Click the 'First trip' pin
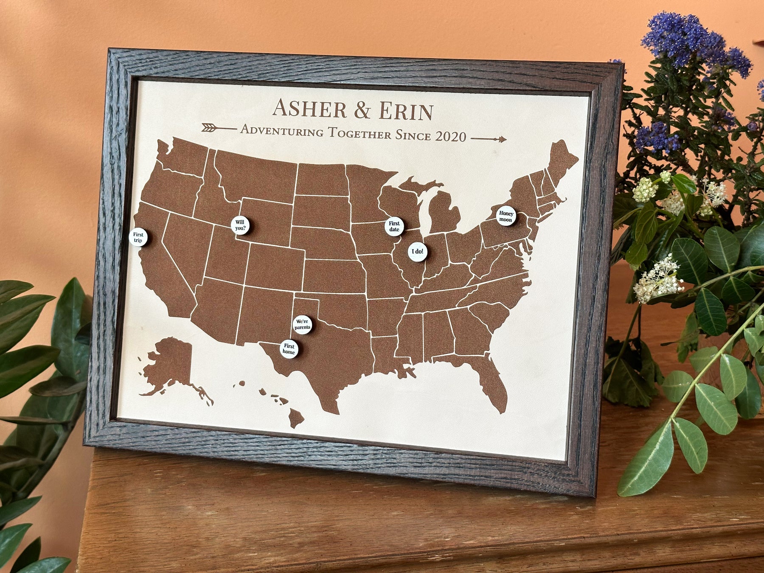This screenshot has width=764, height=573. tap(138, 237)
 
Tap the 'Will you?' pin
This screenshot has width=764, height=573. tap(240, 225)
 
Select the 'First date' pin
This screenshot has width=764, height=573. tap(394, 227)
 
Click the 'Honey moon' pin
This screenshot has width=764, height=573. tap(506, 216)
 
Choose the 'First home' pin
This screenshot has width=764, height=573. tap(289, 349)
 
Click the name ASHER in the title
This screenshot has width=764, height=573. tap(310, 109)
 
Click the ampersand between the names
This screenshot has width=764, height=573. tap(362, 110)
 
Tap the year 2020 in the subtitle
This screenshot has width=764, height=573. tap(451, 136)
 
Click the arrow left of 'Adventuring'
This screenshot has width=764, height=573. tap(218, 127)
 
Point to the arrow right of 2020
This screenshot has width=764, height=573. tap(489, 139)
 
